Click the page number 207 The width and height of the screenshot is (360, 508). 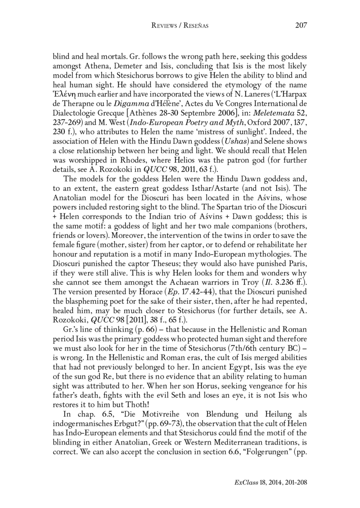click(301, 25)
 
